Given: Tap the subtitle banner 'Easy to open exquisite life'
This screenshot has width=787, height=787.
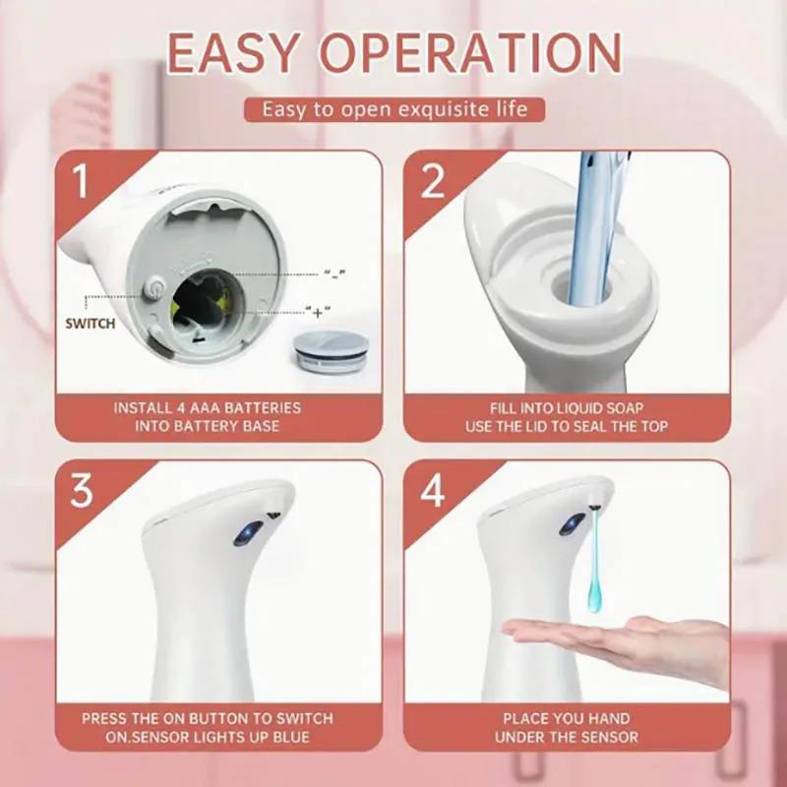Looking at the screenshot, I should click(393, 108).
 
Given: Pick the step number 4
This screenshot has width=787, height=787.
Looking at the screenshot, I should click(433, 490).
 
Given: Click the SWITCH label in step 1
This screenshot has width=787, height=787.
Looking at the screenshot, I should click(91, 323).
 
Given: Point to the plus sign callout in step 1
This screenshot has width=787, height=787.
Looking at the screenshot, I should click(318, 312).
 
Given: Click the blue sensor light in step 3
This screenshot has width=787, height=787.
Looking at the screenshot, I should click(243, 534).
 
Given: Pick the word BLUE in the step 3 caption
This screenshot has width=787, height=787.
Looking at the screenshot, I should click(289, 737).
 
